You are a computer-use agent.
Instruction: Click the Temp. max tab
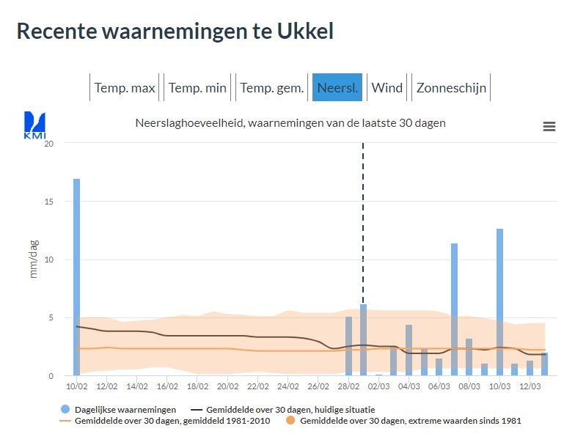(x=125, y=88)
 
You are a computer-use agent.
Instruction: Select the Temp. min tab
(x=197, y=88)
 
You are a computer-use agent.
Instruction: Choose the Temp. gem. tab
(x=271, y=88)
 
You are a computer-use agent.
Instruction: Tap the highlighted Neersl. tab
(x=337, y=88)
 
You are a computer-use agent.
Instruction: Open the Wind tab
(x=387, y=88)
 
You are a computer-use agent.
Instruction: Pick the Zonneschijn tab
(x=451, y=88)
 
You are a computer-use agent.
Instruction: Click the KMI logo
(x=34, y=125)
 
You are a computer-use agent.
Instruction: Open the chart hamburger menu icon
(x=549, y=127)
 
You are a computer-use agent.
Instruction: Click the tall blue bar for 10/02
(x=76, y=277)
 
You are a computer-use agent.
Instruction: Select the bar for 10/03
(x=499, y=302)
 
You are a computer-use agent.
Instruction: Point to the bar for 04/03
(x=409, y=350)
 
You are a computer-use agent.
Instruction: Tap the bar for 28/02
(x=348, y=346)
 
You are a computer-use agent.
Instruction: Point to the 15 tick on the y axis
(x=49, y=202)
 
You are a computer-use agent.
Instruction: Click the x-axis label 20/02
(x=227, y=386)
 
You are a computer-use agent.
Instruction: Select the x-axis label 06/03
(x=439, y=386)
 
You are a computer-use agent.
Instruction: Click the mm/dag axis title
(x=34, y=259)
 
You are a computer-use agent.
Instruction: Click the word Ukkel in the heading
(x=305, y=31)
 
